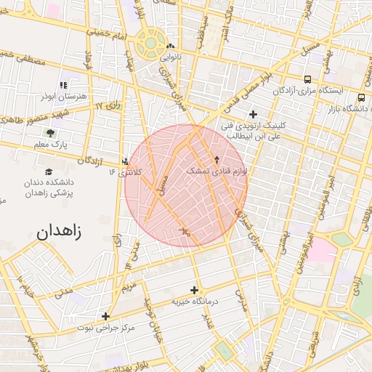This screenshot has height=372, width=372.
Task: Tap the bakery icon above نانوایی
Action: [x=170, y=46]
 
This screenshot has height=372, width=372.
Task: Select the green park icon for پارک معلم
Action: [x=50, y=133]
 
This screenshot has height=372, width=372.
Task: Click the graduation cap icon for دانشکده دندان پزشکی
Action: [x=49, y=172]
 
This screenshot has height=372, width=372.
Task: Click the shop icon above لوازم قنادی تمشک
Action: [x=217, y=159]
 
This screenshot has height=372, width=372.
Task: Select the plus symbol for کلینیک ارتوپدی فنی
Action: [x=253, y=114]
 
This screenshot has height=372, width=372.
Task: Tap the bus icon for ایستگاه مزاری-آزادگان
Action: [x=307, y=79]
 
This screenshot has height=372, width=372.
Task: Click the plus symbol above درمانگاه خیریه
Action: [x=194, y=289]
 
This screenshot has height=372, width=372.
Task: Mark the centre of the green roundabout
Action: [x=150, y=42]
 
